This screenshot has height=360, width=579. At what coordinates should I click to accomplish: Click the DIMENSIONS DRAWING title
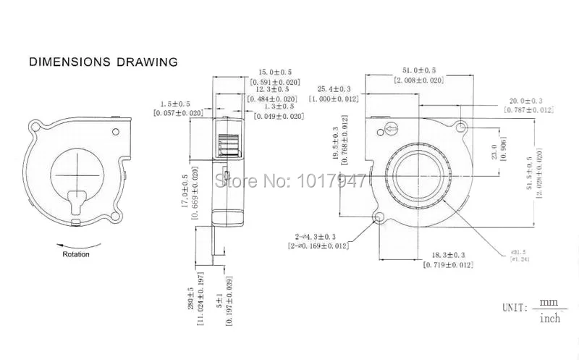click(x=103, y=62)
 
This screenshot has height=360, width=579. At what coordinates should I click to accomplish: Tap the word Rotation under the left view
click(x=76, y=254)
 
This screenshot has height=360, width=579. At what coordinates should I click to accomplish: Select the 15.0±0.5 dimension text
click(x=275, y=72)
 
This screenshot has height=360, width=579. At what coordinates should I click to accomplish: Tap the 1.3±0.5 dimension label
click(x=278, y=106)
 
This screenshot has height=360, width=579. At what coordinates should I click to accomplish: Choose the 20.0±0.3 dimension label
click(x=526, y=101)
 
